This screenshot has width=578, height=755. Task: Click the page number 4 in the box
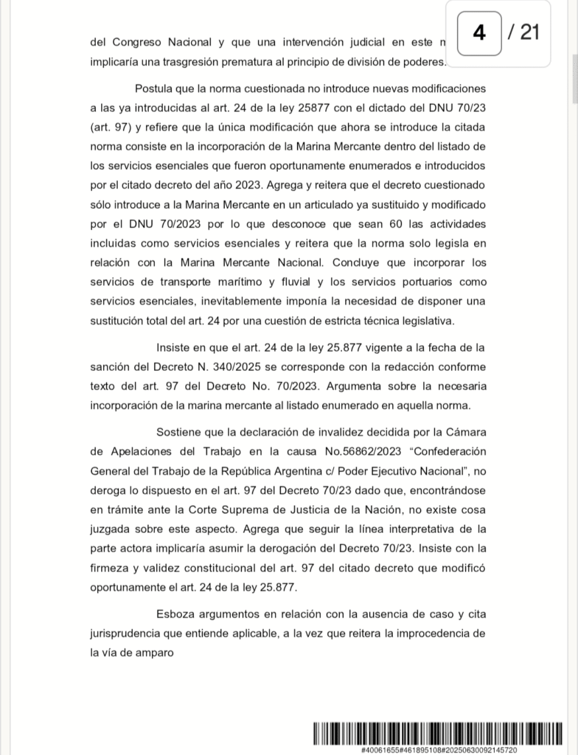[x=478, y=33]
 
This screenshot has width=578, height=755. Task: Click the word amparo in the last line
[x=155, y=652]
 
